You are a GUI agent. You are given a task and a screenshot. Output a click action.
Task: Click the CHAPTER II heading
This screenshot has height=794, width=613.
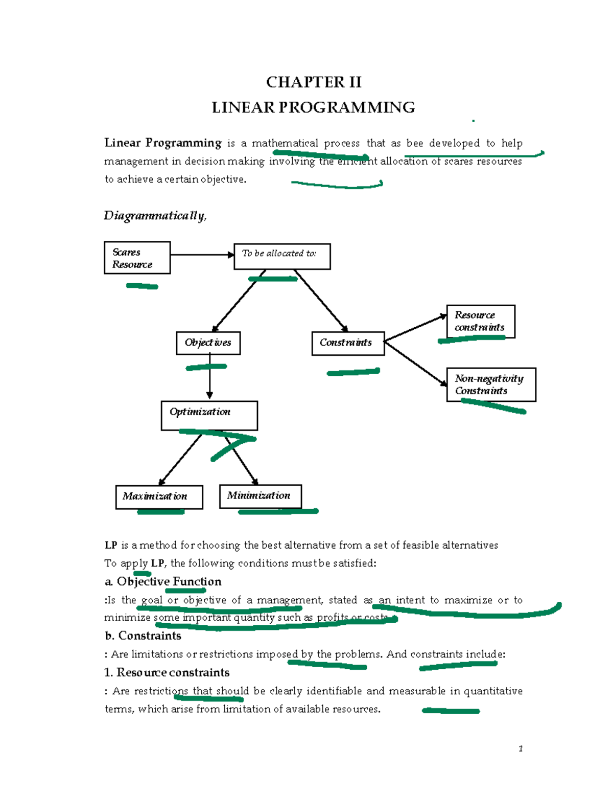(x=314, y=82)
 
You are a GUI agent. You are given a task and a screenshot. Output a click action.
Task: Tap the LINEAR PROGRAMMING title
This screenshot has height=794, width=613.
(x=313, y=107)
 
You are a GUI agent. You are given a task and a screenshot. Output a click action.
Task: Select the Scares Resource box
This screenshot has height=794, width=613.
(x=137, y=258)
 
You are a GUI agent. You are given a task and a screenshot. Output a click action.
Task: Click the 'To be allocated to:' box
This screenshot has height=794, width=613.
(x=282, y=256)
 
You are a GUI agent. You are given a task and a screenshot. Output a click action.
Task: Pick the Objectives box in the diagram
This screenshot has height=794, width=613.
(x=208, y=343)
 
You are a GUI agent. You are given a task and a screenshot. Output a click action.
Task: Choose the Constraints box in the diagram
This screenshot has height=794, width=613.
(x=347, y=343)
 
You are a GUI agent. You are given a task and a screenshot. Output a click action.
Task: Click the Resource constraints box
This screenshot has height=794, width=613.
(x=480, y=321)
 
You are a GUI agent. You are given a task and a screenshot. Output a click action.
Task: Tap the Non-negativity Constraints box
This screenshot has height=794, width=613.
(x=490, y=384)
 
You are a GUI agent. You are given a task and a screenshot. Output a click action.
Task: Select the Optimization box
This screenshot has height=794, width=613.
(x=209, y=415)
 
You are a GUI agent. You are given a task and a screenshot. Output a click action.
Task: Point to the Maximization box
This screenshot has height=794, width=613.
(x=159, y=496)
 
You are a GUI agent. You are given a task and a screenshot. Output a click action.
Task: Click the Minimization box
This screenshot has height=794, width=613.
(x=260, y=496)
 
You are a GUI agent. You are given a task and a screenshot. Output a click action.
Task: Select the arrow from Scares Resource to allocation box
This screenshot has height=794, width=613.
(x=202, y=255)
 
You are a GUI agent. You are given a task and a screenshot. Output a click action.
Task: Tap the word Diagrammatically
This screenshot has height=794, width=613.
(x=155, y=216)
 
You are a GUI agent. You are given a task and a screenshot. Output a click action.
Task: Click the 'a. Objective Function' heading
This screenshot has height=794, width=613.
(x=163, y=582)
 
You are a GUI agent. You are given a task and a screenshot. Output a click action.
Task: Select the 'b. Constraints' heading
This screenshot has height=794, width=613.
(x=143, y=636)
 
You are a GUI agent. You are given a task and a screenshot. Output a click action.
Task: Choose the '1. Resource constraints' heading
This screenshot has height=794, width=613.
(x=167, y=672)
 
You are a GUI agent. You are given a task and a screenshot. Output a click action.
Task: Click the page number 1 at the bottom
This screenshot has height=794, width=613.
(x=520, y=749)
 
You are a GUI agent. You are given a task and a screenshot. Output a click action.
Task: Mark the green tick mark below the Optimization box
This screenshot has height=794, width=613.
(x=231, y=447)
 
